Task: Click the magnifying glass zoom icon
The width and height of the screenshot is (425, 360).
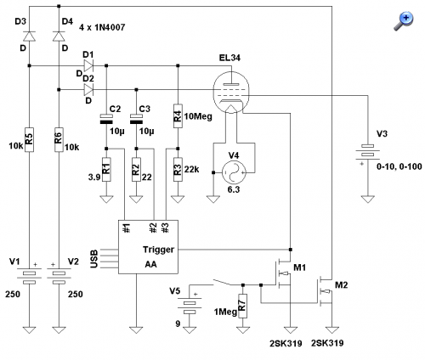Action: [404, 21]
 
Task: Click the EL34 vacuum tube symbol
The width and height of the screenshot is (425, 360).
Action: [231, 92]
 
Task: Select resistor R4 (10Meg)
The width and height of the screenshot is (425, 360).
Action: [178, 115]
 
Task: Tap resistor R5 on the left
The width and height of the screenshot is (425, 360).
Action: [29, 139]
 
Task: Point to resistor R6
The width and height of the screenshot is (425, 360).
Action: [59, 139]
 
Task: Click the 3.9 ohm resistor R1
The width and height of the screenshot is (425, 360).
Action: [106, 169]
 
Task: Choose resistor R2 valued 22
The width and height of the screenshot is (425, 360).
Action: [136, 169]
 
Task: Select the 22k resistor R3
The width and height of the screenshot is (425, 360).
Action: [178, 169]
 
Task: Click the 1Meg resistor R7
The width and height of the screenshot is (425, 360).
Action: [243, 306]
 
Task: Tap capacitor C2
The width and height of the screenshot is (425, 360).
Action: [106, 119]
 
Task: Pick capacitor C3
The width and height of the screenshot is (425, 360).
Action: [136, 119]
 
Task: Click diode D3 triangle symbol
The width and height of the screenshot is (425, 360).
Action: [29, 37]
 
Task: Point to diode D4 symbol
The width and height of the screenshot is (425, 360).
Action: [59, 37]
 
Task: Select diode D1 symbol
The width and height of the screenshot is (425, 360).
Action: [88, 65]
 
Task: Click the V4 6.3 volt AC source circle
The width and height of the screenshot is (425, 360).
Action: [234, 172]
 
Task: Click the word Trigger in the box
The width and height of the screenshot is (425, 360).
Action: [158, 250]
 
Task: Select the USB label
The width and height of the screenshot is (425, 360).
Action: [93, 259]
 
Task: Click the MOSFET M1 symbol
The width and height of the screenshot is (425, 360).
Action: [283, 273]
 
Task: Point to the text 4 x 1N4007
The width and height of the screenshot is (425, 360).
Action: [102, 27]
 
